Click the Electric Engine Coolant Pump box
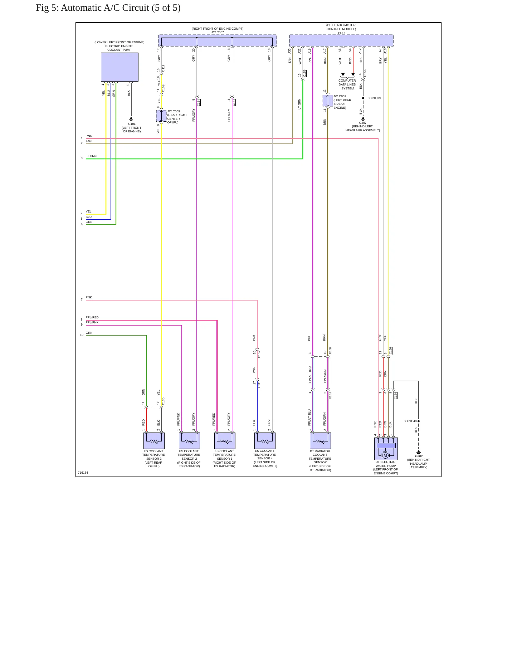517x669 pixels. click(x=120, y=67)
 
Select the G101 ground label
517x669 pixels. click(x=132, y=124)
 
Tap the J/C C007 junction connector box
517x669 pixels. click(x=218, y=40)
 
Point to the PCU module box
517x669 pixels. click(x=341, y=40)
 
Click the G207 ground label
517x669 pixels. click(x=363, y=123)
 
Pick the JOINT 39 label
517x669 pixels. click(x=374, y=98)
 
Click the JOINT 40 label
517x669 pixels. click(x=410, y=421)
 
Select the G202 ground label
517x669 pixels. click(x=419, y=456)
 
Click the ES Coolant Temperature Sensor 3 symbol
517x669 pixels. click(x=154, y=441)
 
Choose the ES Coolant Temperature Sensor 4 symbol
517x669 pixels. click(x=265, y=441)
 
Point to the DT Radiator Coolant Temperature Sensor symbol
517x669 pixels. click(x=320, y=441)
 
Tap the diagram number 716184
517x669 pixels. click(x=83, y=473)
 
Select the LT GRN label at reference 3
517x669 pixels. click(x=91, y=156)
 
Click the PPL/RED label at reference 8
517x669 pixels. click(x=92, y=317)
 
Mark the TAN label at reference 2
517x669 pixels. click(x=89, y=141)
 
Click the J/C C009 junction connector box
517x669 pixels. click(x=161, y=116)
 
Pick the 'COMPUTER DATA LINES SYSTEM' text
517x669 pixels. click(x=347, y=84)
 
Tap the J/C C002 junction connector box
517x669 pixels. click(x=328, y=101)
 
